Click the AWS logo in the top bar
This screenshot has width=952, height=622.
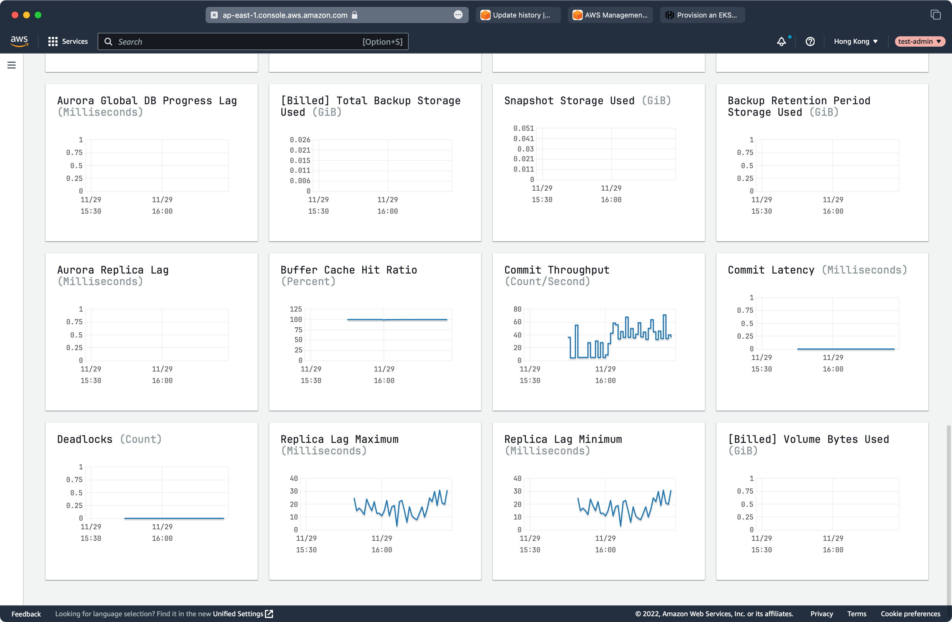19,41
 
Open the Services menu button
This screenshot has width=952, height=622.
68,41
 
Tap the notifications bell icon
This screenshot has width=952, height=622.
781,41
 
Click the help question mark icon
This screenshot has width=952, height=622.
810,41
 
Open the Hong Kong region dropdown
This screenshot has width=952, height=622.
856,41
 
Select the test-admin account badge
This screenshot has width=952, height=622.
919,41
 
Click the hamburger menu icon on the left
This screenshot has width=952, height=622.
12,65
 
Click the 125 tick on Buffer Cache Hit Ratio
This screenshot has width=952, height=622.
296,309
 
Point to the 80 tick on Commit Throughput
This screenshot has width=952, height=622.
517,309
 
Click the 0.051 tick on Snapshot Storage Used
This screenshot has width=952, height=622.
523,128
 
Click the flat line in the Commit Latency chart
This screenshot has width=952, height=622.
846,349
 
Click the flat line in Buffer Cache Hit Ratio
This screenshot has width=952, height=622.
397,320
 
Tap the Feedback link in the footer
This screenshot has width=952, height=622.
26,614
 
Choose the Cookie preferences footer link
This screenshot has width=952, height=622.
911,614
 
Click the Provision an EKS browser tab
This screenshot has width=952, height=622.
702,15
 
